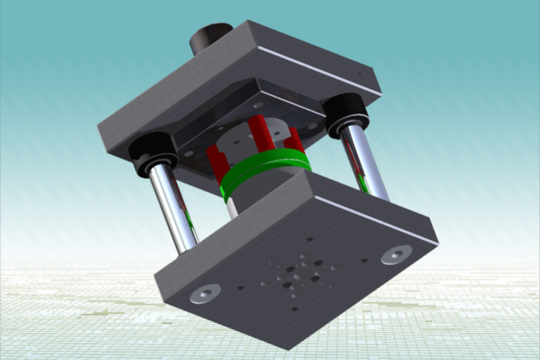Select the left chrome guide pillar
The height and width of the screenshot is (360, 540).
173,207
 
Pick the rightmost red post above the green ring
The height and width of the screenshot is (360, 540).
294,139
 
